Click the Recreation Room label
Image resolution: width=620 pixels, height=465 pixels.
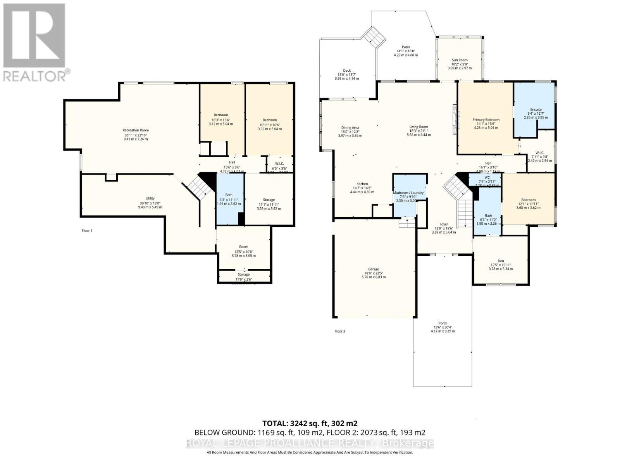point(136,130)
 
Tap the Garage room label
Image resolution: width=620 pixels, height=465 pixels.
point(374,269)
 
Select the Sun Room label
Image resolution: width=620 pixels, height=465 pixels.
point(460,60)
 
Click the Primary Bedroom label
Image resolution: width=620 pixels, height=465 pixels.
point(486,120)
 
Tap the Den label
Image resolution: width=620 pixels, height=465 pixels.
point(501,261)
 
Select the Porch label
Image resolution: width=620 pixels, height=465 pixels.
point(443,323)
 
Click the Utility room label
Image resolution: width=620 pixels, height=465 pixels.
point(150,198)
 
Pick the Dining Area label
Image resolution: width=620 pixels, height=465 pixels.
point(350,127)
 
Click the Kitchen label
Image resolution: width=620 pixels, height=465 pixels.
point(362,184)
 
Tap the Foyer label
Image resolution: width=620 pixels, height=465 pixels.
point(444,224)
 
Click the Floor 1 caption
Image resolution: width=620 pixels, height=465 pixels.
point(87,231)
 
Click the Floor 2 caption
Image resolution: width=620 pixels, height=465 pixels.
point(339,331)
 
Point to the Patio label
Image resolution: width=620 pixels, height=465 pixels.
point(405,47)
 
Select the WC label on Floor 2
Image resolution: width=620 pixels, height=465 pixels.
point(487,177)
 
